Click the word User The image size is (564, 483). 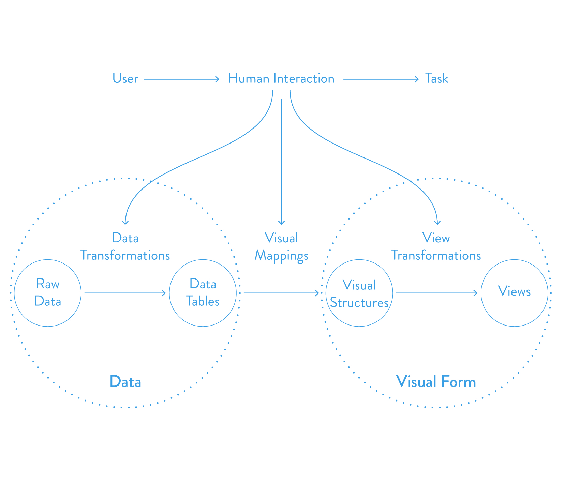125,79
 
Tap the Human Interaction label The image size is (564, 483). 281,79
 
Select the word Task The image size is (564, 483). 436,79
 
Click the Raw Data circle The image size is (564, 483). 48,293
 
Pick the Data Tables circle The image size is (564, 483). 203,293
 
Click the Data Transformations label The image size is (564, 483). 125,247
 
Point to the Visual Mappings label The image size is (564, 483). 281,247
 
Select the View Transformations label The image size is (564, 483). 436,247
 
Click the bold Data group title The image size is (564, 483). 125,382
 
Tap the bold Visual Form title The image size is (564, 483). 436,382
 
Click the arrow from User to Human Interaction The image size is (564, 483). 181,79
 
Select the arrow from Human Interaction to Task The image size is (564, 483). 381,79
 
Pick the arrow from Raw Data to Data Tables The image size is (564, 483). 125,293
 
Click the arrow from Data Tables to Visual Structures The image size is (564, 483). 281,293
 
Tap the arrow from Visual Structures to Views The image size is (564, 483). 436,293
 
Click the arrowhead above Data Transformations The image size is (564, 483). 125,223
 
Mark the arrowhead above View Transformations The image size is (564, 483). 437,223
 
